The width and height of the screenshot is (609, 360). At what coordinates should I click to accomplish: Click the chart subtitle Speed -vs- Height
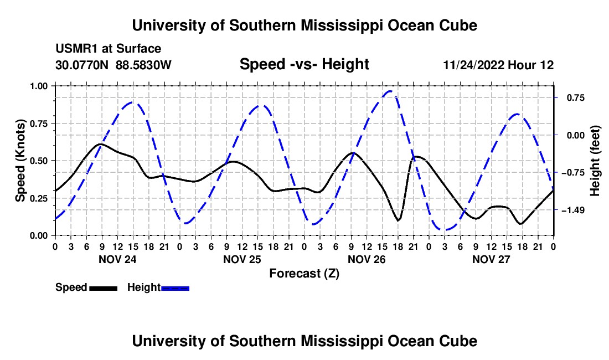coord(304,64)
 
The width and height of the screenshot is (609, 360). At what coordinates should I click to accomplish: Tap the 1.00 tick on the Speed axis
coord(39,86)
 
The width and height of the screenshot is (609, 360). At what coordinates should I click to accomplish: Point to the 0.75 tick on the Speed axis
coord(39,124)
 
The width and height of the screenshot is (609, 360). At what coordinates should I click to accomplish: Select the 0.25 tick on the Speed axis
coord(39,198)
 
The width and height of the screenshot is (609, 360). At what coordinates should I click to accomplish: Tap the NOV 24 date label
coord(117,259)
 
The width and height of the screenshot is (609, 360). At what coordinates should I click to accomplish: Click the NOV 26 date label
coord(367,259)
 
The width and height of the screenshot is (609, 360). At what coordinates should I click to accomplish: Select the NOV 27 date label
coord(491,259)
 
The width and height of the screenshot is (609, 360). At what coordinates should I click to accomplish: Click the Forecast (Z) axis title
coord(304,274)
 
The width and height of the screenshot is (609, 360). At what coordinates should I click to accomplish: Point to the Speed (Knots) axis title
coord(20,161)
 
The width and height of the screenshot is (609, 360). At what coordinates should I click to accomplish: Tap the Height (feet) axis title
coord(595,161)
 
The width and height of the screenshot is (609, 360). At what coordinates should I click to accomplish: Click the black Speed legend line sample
coord(104,289)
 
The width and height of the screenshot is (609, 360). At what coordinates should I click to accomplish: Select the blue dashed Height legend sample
coord(175,289)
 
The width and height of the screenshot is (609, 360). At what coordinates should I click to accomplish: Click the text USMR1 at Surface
coord(108,49)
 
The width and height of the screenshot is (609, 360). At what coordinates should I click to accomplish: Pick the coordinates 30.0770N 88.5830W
coord(113,65)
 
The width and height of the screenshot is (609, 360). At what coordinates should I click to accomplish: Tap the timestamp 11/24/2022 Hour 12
coord(498,65)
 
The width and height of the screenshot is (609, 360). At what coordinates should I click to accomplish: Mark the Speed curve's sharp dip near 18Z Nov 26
coord(398,220)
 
